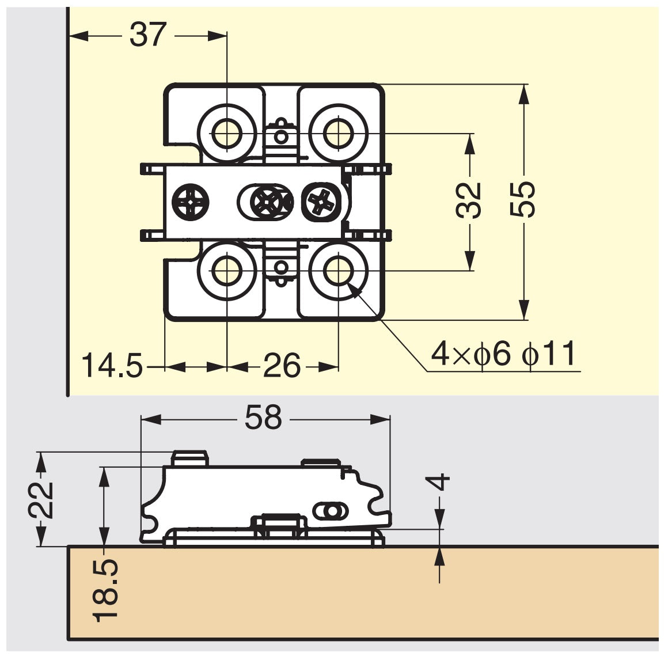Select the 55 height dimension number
click(523, 200)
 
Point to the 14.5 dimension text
click(112, 366)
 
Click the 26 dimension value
click(282, 366)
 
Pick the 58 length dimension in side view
click(263, 418)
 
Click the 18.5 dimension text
click(105, 590)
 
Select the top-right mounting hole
click(337, 134)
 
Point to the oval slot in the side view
click(331, 511)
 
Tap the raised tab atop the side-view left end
click(189, 458)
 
